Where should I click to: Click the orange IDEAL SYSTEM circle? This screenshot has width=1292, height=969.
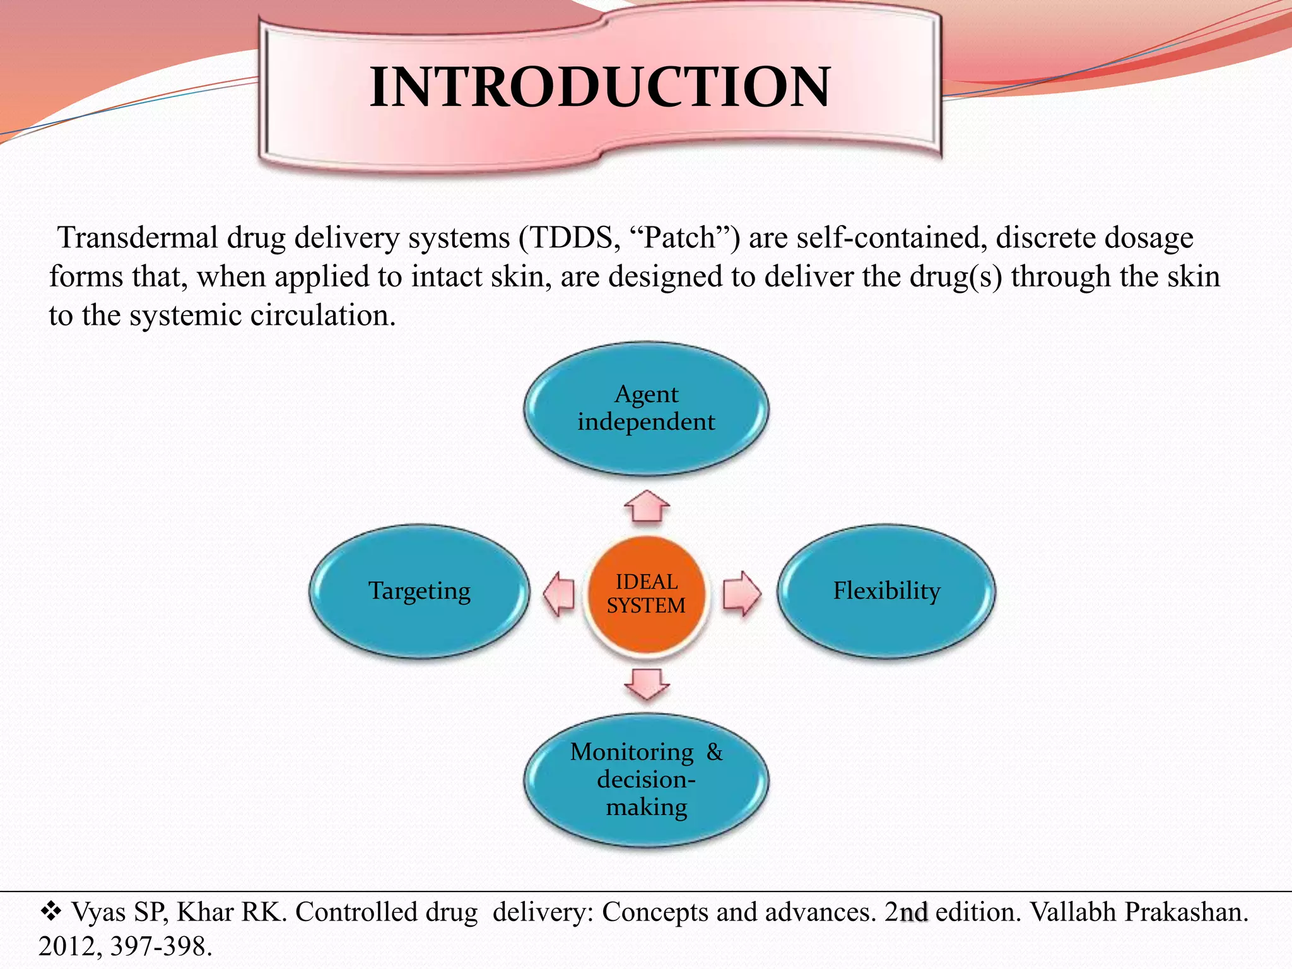pyautogui.click(x=646, y=594)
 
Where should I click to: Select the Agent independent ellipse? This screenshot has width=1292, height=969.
pyautogui.click(x=646, y=408)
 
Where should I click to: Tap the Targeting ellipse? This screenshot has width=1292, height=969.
pyautogui.click(x=420, y=591)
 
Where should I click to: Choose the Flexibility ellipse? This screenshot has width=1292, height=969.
pyautogui.click(x=886, y=591)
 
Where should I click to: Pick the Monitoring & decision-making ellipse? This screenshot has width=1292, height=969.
pyautogui.click(x=646, y=780)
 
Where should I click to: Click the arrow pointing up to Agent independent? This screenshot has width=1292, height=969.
pyautogui.click(x=647, y=506)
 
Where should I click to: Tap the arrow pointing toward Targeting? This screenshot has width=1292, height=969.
pyautogui.click(x=560, y=593)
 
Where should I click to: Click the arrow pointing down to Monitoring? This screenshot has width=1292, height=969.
pyautogui.click(x=647, y=684)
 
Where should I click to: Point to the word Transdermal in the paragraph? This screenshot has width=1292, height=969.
pyautogui.click(x=138, y=238)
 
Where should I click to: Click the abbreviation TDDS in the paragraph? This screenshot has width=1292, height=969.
pyautogui.click(x=572, y=238)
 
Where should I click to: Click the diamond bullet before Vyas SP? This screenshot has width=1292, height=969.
pyautogui.click(x=50, y=910)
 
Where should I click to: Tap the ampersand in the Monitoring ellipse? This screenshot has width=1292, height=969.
pyautogui.click(x=714, y=752)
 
